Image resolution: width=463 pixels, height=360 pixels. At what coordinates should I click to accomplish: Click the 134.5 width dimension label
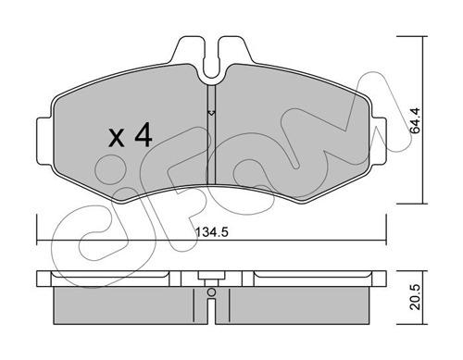pos(212,232)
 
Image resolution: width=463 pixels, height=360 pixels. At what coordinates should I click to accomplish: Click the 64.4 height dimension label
pos(416,120)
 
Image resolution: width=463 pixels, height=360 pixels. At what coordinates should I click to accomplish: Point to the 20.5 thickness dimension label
pos(416,297)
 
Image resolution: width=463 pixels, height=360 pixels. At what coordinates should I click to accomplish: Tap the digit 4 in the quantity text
pos(144,135)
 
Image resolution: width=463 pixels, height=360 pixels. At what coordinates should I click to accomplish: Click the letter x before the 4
pos(117,138)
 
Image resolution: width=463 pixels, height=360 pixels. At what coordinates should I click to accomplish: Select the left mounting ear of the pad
pos(44,142)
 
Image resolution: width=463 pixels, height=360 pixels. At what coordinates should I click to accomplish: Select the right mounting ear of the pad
pos(379,142)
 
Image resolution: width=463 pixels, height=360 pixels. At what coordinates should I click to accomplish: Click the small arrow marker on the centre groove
pos(211,113)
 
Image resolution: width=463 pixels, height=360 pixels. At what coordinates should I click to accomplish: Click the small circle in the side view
pos(211,292)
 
